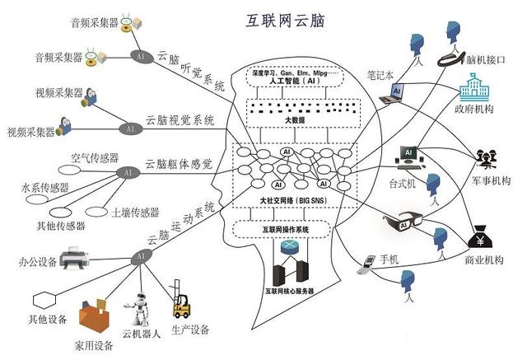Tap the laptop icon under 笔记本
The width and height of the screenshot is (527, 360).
tap(393, 95)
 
